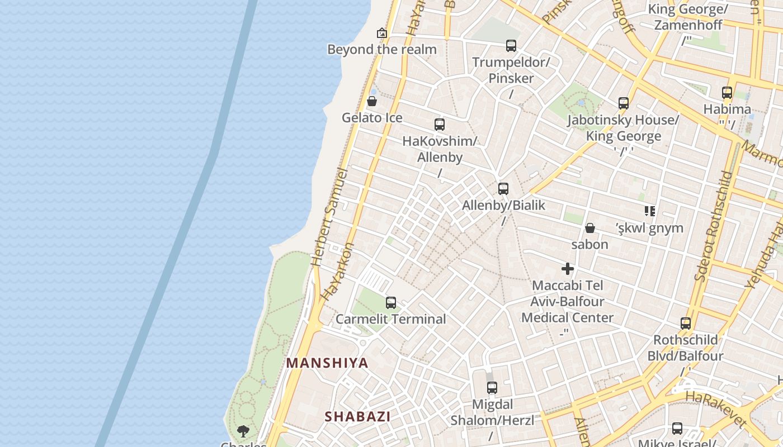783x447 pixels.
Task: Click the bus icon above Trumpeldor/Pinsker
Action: (x=511, y=46)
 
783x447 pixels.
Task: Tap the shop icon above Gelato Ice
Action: (x=371, y=101)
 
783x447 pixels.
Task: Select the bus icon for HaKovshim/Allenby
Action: (x=440, y=125)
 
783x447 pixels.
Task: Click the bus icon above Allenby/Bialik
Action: (x=503, y=189)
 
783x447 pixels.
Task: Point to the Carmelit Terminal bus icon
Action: (x=391, y=303)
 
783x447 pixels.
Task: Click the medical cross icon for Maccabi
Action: (x=568, y=269)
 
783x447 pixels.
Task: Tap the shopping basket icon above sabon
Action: (x=589, y=228)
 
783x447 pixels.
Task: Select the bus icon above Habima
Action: (x=727, y=93)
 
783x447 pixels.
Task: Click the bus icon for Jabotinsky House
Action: (x=624, y=103)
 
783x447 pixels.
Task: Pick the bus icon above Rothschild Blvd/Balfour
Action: (x=686, y=323)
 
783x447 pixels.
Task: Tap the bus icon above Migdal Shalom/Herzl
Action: (x=492, y=388)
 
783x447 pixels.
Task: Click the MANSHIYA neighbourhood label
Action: (x=327, y=363)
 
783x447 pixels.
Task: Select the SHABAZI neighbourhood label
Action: (x=357, y=416)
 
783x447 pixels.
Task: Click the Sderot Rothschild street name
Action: (x=713, y=226)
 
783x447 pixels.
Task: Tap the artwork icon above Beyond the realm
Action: (x=382, y=33)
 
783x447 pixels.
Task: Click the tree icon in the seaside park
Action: (x=243, y=431)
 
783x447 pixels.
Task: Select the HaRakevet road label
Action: (x=716, y=409)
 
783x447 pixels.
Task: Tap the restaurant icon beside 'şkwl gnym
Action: (x=649, y=211)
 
